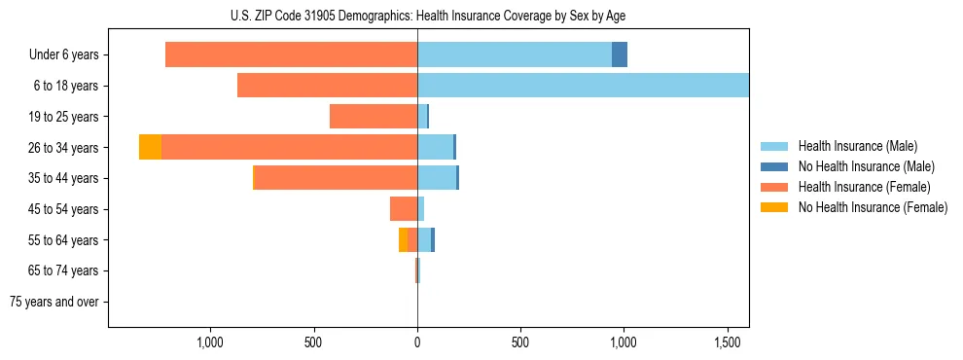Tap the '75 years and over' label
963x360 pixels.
[x=54, y=302]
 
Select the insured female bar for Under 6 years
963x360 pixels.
[x=291, y=55]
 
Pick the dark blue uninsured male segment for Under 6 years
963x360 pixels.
[x=620, y=55]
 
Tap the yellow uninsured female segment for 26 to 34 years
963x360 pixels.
[x=150, y=147]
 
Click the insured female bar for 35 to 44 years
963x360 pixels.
[x=336, y=178]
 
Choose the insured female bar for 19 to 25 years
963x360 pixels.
[x=374, y=117]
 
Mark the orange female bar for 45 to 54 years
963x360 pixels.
[x=404, y=209]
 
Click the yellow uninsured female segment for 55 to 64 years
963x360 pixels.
[x=403, y=239]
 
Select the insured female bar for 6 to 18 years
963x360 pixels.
[x=327, y=86]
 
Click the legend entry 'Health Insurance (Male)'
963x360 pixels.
[x=857, y=146]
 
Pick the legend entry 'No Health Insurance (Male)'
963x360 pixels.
[x=866, y=166]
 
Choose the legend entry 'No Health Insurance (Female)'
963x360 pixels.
[x=872, y=207]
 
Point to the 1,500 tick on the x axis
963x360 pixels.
[x=728, y=342]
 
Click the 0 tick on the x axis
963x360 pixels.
[x=417, y=342]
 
